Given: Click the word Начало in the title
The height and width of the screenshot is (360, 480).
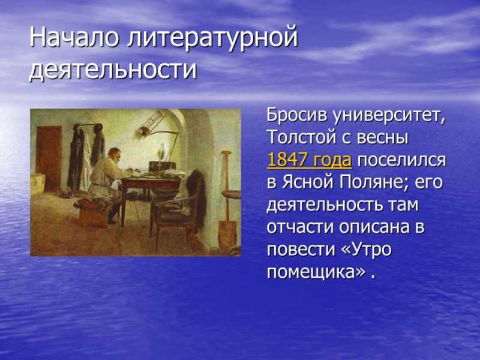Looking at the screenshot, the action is [73, 37].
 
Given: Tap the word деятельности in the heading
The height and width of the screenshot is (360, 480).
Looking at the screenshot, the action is [113, 69].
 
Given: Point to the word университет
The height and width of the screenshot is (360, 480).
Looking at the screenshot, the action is [389, 116].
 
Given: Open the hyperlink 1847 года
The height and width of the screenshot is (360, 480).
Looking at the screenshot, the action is [309, 160].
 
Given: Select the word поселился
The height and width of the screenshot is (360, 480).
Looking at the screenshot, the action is [401, 160].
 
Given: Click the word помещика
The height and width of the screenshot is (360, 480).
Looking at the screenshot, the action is [311, 272].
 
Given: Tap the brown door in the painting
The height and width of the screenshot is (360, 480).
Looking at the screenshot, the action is [49, 158].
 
